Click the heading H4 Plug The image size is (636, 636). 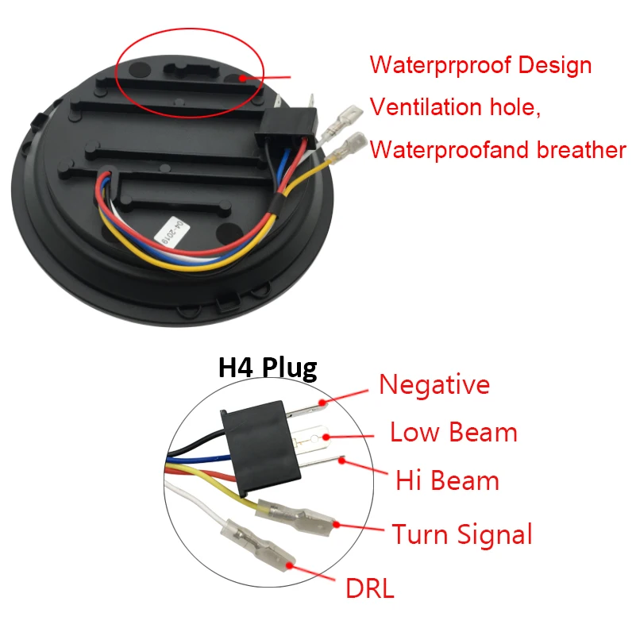(x=268, y=368)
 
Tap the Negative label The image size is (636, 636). (x=434, y=384)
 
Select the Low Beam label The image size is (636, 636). (x=453, y=433)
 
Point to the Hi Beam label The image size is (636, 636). (x=447, y=480)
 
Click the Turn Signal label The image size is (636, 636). (x=461, y=534)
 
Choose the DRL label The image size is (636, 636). (x=369, y=588)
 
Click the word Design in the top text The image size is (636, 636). (x=556, y=64)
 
